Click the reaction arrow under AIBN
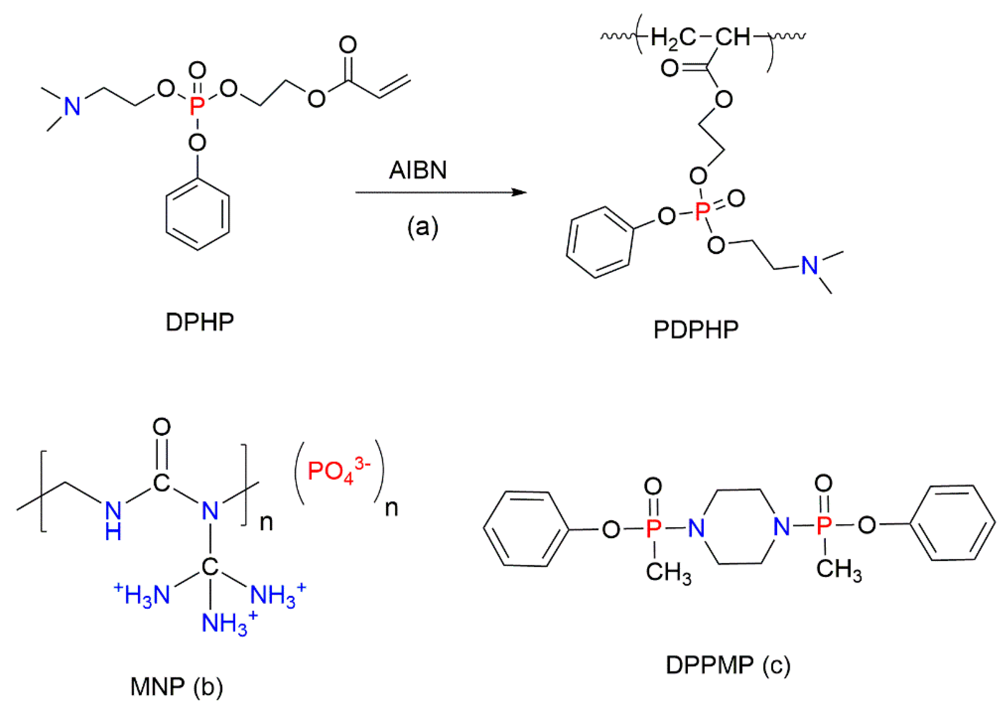(x=440, y=192)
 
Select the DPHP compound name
(x=200, y=322)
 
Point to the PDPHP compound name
(x=695, y=330)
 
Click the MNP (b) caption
(x=177, y=686)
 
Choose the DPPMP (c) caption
(x=728, y=665)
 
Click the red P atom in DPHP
(x=197, y=106)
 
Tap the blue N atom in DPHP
(x=72, y=106)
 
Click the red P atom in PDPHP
(x=702, y=212)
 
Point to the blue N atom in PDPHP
(x=809, y=265)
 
